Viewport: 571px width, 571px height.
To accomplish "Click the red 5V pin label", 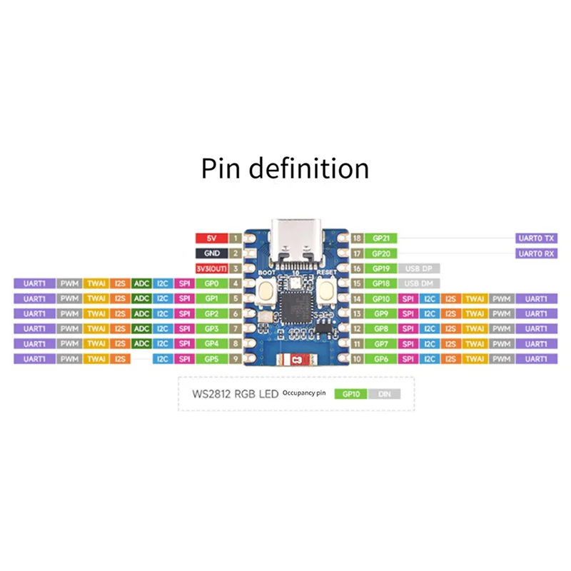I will point(211,238).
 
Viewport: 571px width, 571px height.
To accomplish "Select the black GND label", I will point(211,253).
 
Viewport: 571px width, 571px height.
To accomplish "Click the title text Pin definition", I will point(285,169).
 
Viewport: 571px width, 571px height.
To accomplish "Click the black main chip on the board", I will point(295,309).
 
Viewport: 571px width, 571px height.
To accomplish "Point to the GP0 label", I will point(211,283).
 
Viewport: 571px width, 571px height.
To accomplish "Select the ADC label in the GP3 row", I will point(141,328).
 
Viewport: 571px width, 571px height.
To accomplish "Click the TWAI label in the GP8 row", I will point(473,328).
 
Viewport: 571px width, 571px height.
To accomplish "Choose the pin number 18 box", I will point(357,238).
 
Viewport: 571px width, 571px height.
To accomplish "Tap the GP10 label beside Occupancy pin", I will point(351,393).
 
